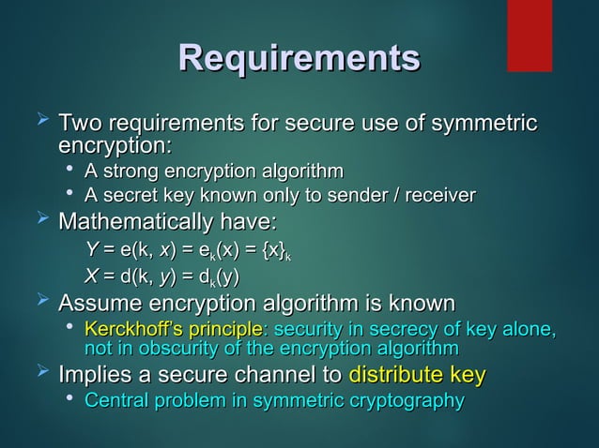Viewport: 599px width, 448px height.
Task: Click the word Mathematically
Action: [x=136, y=223]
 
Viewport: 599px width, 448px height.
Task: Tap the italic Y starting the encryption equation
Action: [x=91, y=250]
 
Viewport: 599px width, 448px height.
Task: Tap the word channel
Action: [x=277, y=377]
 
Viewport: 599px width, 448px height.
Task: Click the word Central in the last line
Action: [x=114, y=401]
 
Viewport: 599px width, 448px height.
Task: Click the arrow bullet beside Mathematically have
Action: [x=41, y=221]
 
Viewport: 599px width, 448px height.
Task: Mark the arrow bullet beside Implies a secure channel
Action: [x=41, y=375]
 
